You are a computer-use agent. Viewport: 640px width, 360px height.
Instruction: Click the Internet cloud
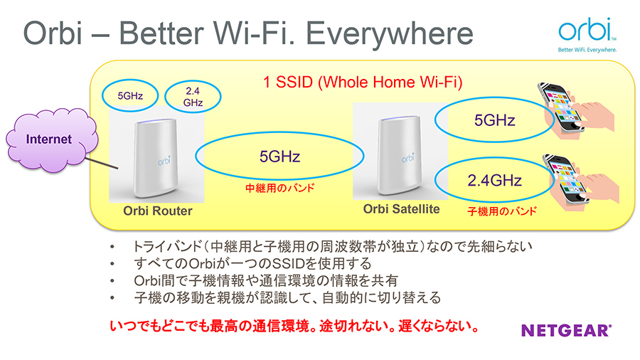pyautogui.click(x=52, y=140)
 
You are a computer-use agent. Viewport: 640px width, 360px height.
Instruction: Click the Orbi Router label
pyautogui.click(x=158, y=211)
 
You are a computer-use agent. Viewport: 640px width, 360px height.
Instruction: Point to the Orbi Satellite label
pyautogui.click(x=402, y=209)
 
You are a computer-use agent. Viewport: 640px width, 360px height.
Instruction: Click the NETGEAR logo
pyautogui.click(x=566, y=330)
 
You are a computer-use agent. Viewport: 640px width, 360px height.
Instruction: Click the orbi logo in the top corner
pyautogui.click(x=587, y=35)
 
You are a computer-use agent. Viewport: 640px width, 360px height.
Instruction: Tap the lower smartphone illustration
pyautogui.click(x=567, y=179)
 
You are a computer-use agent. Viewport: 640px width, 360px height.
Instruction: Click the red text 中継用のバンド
pyautogui.click(x=280, y=188)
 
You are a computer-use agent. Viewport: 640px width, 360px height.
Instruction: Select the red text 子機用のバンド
pyautogui.click(x=502, y=211)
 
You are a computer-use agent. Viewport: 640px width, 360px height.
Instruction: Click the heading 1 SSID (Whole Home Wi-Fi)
pyautogui.click(x=363, y=82)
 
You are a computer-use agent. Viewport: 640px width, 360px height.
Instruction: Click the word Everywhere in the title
pyautogui.click(x=390, y=33)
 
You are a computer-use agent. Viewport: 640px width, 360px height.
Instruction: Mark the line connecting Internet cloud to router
pyautogui.click(x=102, y=163)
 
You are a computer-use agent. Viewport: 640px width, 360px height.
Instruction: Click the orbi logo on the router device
pyautogui.click(x=164, y=161)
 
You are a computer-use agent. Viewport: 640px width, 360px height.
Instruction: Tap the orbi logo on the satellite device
pyautogui.click(x=407, y=157)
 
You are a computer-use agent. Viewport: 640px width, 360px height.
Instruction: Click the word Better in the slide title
pyautogui.click(x=161, y=33)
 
